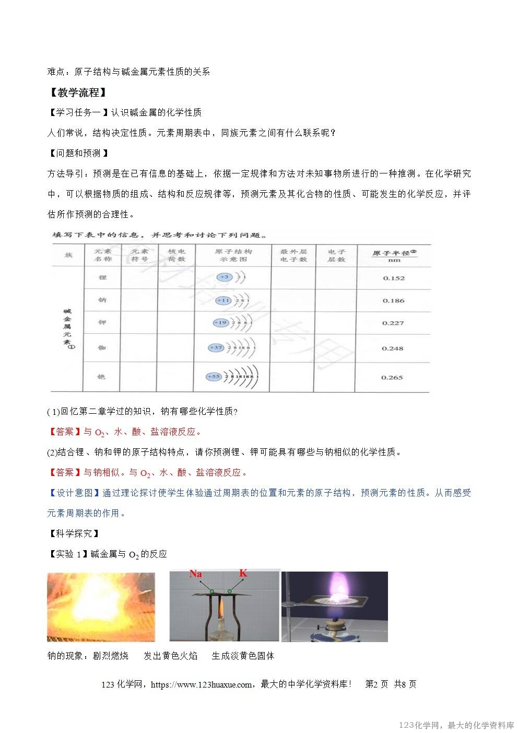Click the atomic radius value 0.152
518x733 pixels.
[394, 278]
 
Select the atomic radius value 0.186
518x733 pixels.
[393, 300]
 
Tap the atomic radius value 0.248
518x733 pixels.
[392, 348]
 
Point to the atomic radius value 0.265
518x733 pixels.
[392, 377]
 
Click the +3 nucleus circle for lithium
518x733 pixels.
[225, 277]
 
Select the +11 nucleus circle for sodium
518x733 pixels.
[223, 300]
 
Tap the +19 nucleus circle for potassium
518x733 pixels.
[221, 323]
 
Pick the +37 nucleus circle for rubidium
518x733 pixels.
[216, 347]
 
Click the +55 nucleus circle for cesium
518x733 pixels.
[214, 376]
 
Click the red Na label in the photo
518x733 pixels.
[195, 574]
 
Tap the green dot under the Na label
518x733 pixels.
[212, 591]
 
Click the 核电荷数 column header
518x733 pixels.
[176, 255]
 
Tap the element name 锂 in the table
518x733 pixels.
[102, 277]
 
